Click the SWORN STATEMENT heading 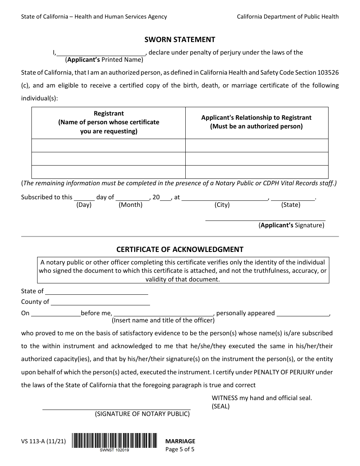click(180, 39)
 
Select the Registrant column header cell click(108, 122)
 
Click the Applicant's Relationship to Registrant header click(256, 122)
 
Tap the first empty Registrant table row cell click(108, 145)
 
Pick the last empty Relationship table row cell click(257, 172)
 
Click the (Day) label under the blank click(84, 205)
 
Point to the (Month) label click(130, 205)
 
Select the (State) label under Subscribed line click(291, 205)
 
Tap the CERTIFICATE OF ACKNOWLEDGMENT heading click(180, 249)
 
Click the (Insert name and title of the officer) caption click(163, 321)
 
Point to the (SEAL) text click(221, 407)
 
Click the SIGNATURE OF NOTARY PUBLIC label click(142, 414)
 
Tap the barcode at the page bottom click(114, 441)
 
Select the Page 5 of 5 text click(180, 450)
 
